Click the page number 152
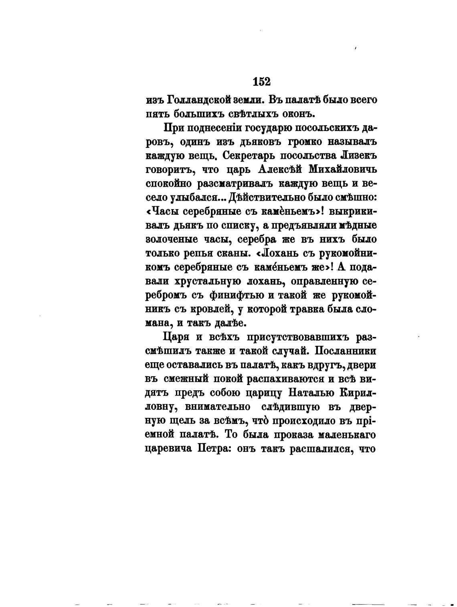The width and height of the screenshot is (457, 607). pos(262,82)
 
